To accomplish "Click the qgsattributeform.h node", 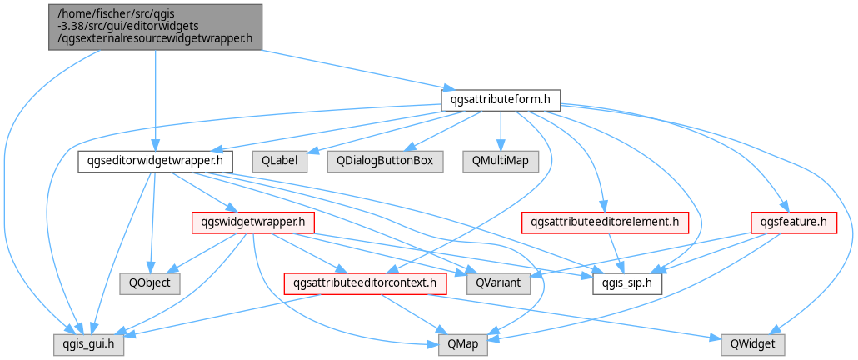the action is point(501,99).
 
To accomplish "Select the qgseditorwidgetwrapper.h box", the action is point(156,162).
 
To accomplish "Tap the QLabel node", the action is point(280,162).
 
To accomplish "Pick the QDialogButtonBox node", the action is point(386,162).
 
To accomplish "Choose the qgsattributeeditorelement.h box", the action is point(605,222).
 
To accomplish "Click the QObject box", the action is point(150,284).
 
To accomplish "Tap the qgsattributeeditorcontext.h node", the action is point(365,284).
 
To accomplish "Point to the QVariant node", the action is point(498,284).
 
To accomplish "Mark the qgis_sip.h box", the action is point(627,284).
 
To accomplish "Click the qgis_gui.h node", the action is point(88,345).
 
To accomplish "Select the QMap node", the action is point(458,345).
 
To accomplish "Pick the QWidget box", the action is point(753,345).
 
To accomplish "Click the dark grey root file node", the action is point(156,27).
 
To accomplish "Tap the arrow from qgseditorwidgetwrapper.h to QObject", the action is point(152,222).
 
